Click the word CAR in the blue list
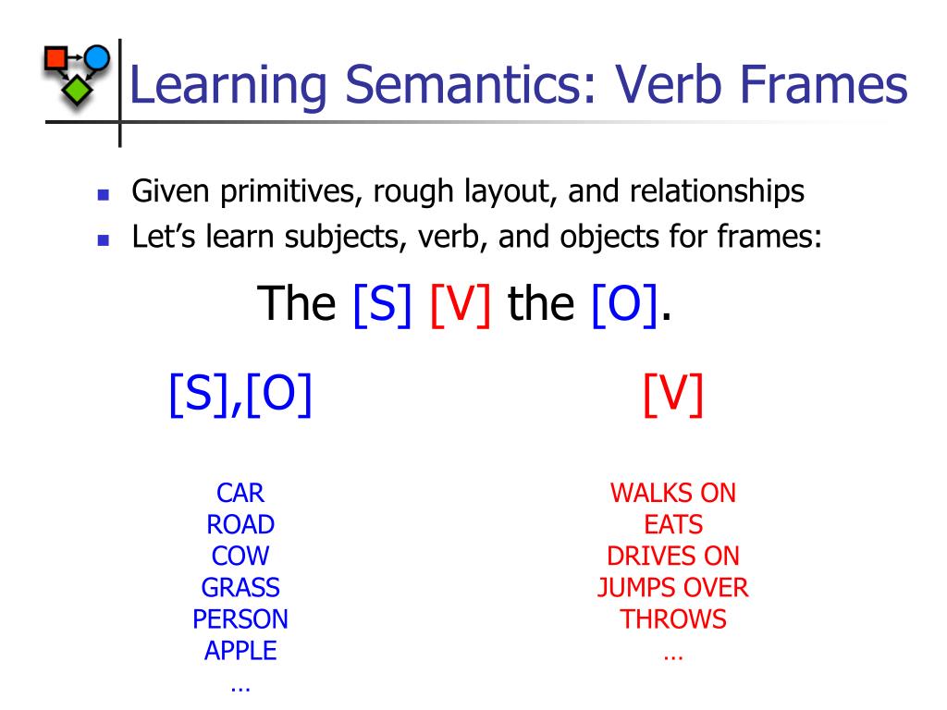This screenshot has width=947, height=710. tap(240, 493)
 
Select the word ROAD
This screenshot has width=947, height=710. tap(240, 525)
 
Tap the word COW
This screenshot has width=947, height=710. tap(240, 557)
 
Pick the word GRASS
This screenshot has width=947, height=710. tap(240, 588)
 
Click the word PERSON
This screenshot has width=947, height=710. tap(240, 619)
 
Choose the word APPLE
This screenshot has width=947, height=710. tap(240, 651)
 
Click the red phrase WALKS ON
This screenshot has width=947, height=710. tap(673, 493)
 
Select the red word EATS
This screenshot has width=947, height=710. tap(673, 525)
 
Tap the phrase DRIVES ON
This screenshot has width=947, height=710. tap(673, 557)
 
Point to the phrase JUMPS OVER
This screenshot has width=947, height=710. tap(673, 588)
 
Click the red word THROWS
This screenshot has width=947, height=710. tap(673, 619)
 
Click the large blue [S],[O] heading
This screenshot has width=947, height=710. tap(240, 396)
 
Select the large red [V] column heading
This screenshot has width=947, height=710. tap(673, 396)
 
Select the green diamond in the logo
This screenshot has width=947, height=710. tap(77, 91)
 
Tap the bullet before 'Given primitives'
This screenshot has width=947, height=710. tap(104, 196)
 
